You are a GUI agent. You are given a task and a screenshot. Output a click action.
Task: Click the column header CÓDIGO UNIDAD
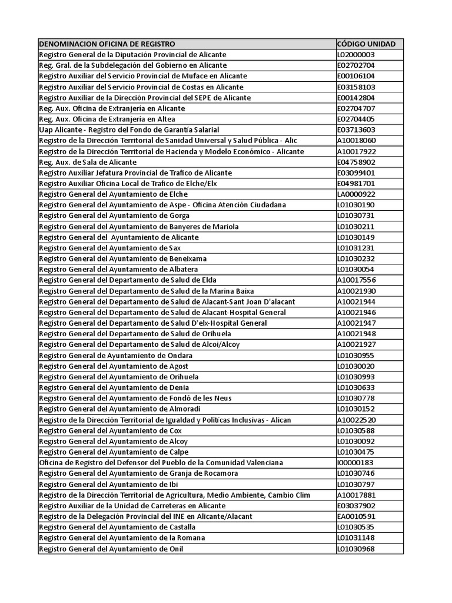coord(366,44)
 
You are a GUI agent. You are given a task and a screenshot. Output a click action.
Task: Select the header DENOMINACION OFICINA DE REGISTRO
coord(107,44)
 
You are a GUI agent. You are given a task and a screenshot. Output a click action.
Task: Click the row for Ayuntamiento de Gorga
coord(114,216)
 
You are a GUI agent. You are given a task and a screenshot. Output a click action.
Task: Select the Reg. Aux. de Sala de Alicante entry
coord(88,162)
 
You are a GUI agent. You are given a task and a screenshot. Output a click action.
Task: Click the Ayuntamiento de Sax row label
coord(110,248)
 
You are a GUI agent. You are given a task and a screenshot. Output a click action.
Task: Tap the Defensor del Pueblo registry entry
coord(161,463)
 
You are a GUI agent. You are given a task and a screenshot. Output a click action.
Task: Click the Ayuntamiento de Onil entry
coord(111,549)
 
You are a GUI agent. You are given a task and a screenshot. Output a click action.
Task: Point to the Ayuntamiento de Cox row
coord(110,430)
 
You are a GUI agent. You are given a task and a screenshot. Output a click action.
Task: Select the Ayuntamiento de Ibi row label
coord(108,484)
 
